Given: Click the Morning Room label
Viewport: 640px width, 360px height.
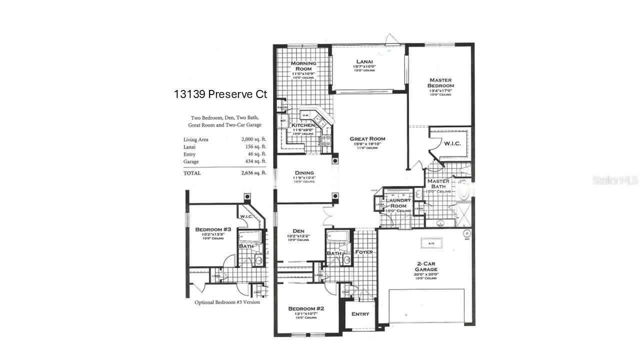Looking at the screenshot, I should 303,66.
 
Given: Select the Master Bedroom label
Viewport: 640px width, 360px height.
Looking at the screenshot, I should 440,82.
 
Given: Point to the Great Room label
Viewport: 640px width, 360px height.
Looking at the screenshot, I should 367,139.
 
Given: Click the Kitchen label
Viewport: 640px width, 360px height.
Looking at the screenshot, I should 303,125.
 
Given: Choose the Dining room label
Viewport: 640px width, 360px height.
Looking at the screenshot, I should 303,173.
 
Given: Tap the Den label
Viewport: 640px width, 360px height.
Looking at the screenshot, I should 299,231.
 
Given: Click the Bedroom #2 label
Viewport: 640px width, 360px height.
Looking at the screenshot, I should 306,309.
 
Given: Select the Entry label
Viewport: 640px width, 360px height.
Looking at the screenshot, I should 360,314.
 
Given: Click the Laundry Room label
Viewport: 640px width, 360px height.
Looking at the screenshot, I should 398,203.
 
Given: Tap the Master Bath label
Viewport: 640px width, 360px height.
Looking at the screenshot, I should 438,184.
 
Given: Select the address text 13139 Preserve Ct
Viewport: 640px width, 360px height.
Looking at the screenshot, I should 220,94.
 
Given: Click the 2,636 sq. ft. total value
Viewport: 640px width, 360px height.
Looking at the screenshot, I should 253,173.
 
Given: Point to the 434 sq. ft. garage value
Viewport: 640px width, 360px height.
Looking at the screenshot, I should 253,161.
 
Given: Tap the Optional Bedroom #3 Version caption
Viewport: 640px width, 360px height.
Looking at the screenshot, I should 227,302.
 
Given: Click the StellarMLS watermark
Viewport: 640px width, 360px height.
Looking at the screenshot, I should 615,180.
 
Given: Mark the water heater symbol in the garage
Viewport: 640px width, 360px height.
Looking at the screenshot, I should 467,233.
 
